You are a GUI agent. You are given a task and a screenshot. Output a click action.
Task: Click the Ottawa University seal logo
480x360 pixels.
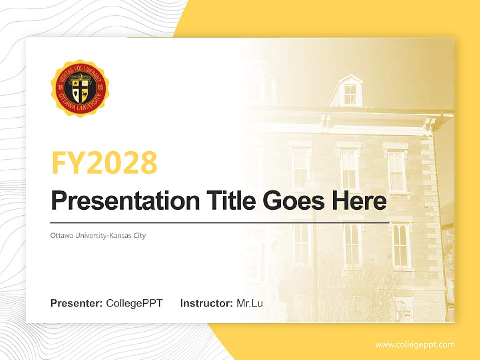coord(80,88)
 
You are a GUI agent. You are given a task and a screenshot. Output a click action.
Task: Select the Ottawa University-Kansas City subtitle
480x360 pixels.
coord(98,235)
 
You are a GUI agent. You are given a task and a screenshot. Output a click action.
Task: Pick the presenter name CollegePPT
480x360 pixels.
coord(134,303)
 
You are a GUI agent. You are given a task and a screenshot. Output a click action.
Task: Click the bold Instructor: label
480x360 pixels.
coord(207,303)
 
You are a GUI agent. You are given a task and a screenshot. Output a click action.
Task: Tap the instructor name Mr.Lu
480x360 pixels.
coord(250,303)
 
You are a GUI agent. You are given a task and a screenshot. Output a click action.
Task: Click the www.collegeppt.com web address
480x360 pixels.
coord(415,345)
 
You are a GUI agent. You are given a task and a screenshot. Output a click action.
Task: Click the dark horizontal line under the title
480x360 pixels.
coord(220,222)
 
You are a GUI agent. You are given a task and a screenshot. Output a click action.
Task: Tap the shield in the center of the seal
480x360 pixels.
coord(80,89)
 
